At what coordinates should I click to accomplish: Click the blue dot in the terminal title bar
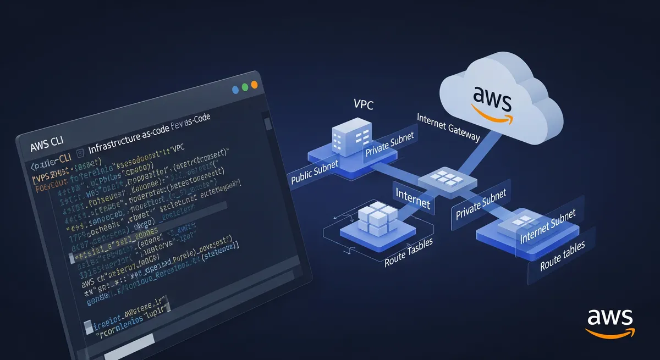[x=235, y=88]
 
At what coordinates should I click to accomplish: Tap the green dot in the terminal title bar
[x=244, y=87]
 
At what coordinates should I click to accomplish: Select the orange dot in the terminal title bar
[x=254, y=85]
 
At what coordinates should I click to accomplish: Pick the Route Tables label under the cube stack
[x=408, y=250]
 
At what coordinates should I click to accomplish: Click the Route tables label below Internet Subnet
[x=562, y=257]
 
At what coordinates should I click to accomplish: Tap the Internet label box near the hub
[x=413, y=198]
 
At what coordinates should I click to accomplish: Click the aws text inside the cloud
[x=492, y=99]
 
